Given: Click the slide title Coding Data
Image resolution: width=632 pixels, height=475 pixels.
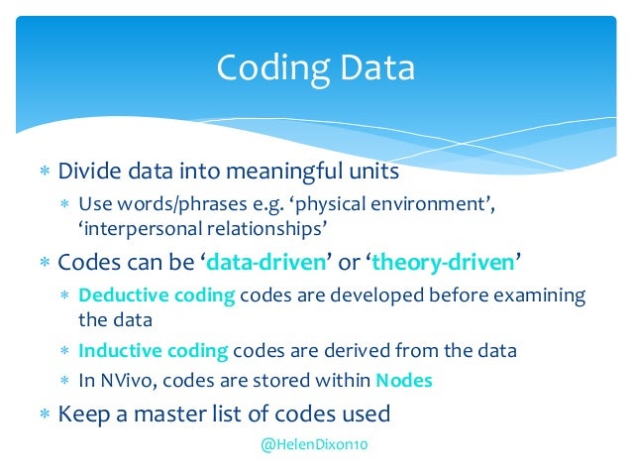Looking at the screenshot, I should click(x=315, y=69).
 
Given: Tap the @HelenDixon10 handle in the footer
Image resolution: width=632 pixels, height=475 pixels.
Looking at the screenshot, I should click(x=314, y=446).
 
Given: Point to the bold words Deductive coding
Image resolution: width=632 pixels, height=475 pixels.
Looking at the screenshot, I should click(x=154, y=296).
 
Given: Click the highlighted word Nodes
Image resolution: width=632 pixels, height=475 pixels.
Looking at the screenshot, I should click(x=403, y=380).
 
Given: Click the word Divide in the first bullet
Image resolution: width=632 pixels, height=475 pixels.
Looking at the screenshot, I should click(x=89, y=172).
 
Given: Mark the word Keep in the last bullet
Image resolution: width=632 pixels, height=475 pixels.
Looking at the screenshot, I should click(x=80, y=413).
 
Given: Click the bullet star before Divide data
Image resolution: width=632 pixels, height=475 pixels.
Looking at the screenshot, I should click(x=44, y=173).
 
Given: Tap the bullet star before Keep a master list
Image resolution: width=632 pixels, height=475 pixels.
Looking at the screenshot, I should click(x=44, y=414).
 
